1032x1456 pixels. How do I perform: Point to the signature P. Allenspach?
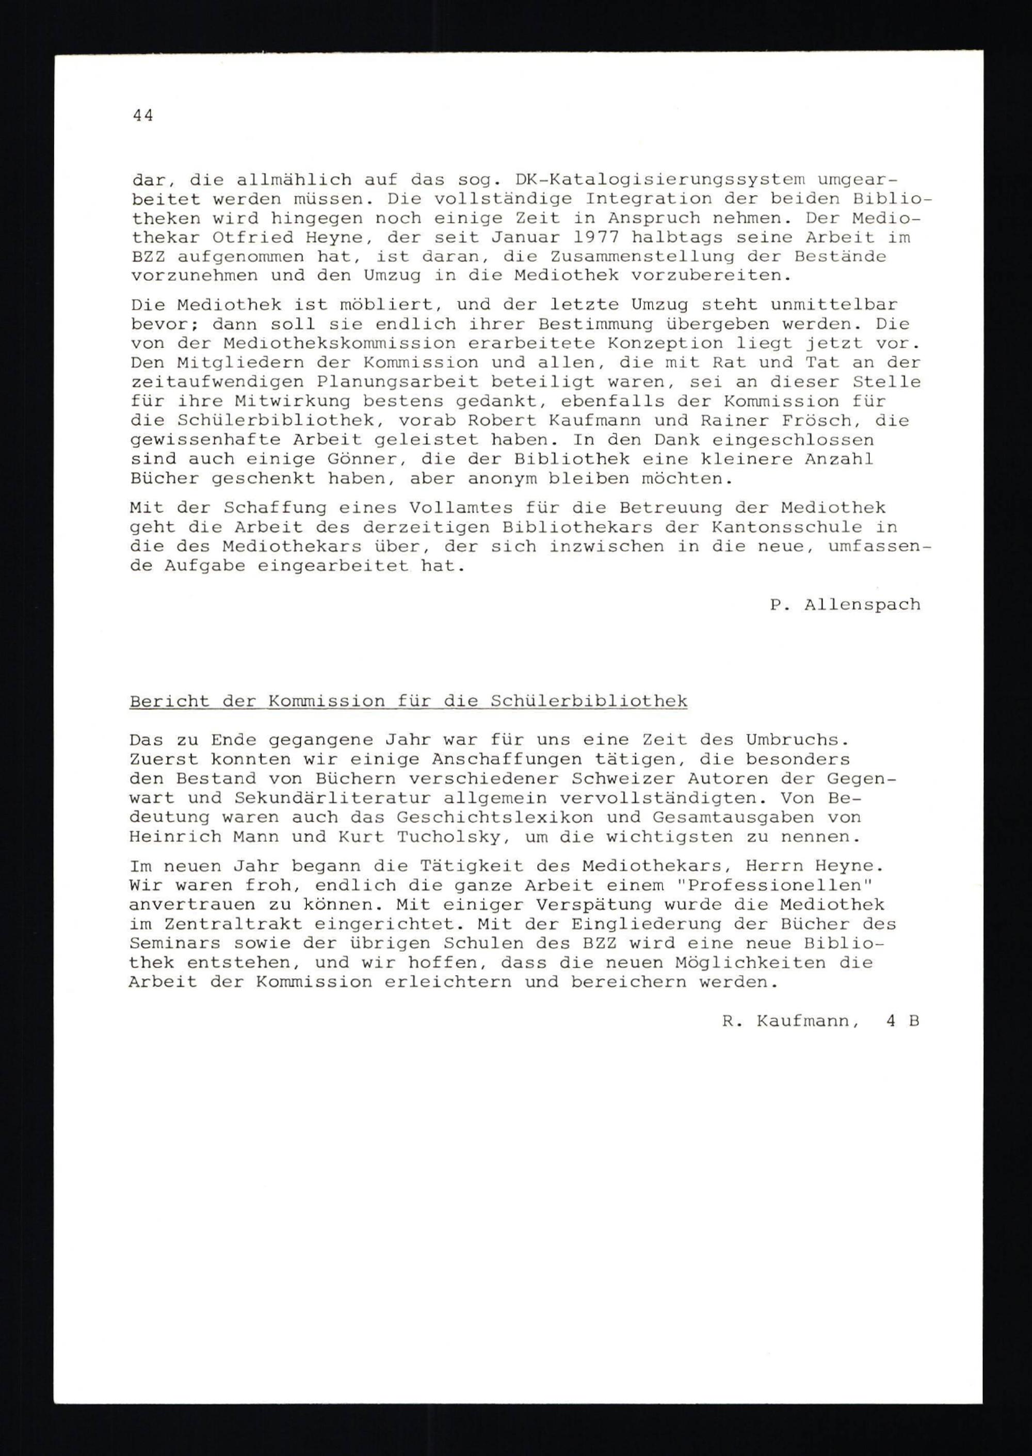[845, 604]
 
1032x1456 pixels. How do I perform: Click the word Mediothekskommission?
[340, 344]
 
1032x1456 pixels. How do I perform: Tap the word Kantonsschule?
[787, 527]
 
